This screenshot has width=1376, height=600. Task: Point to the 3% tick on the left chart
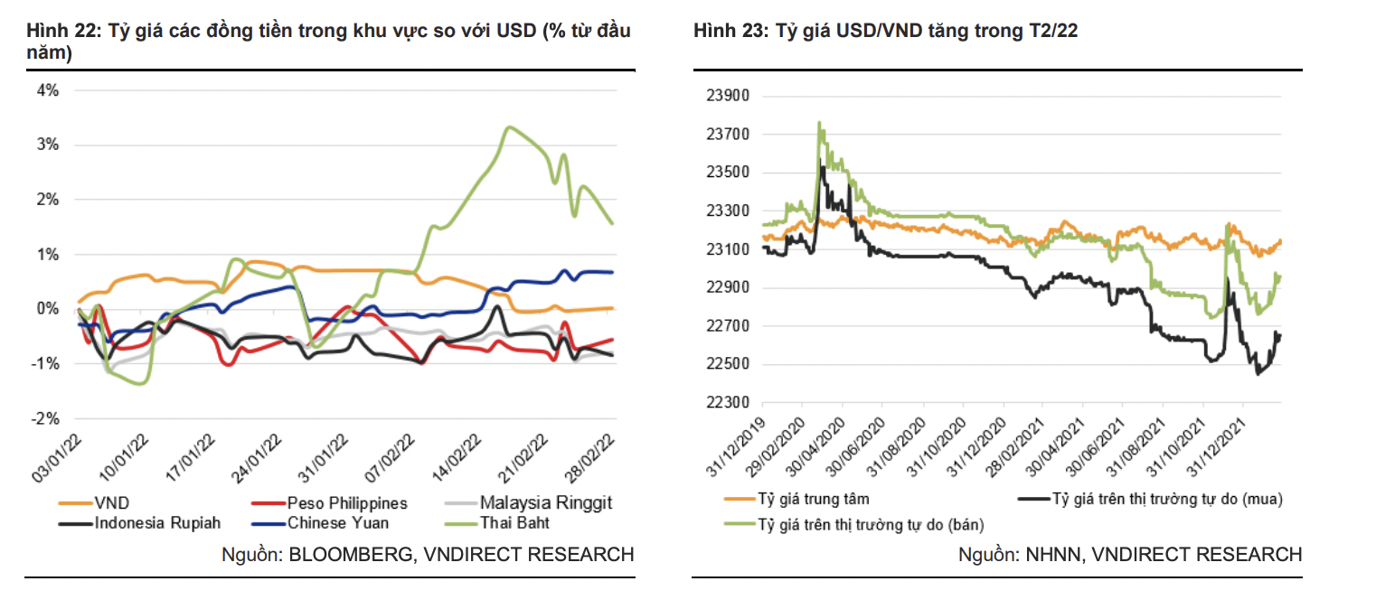(48, 145)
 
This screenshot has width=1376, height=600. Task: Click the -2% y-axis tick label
(46, 418)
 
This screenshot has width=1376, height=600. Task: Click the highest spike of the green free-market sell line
(819, 123)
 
